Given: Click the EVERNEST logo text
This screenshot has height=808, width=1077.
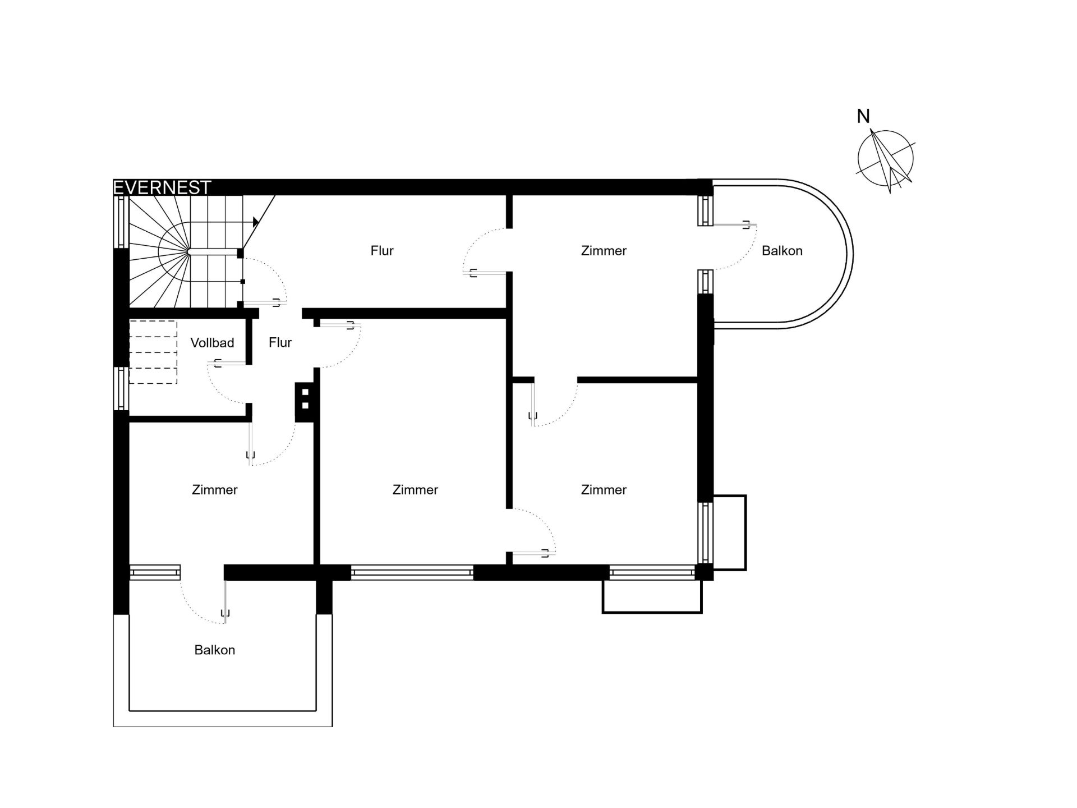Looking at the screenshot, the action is click(162, 187).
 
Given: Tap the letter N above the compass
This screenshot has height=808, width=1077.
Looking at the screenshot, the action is click(863, 116).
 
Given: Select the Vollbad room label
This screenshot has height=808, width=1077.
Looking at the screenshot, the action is click(212, 343).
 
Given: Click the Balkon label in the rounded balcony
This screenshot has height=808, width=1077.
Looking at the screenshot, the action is click(782, 251).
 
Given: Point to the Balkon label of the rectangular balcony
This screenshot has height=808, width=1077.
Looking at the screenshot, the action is click(215, 650).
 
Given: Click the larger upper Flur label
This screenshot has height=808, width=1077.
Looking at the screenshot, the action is click(382, 251).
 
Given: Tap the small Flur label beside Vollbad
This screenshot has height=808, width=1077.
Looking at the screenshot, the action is click(280, 343).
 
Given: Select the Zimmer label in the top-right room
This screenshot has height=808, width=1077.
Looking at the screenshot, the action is click(604, 251).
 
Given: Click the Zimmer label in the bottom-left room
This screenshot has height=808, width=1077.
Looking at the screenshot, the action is click(215, 490).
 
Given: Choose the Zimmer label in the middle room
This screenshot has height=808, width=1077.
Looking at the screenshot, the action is click(415, 490).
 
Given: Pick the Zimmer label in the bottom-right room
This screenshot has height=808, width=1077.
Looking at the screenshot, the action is click(604, 490).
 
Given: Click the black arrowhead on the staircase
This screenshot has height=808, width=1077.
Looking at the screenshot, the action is click(256, 222).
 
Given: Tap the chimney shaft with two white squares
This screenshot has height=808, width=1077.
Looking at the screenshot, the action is click(306, 402).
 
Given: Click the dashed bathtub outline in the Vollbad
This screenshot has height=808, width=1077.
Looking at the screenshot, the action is click(153, 352).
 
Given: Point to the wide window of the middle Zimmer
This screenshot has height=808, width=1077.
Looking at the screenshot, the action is click(412, 572).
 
